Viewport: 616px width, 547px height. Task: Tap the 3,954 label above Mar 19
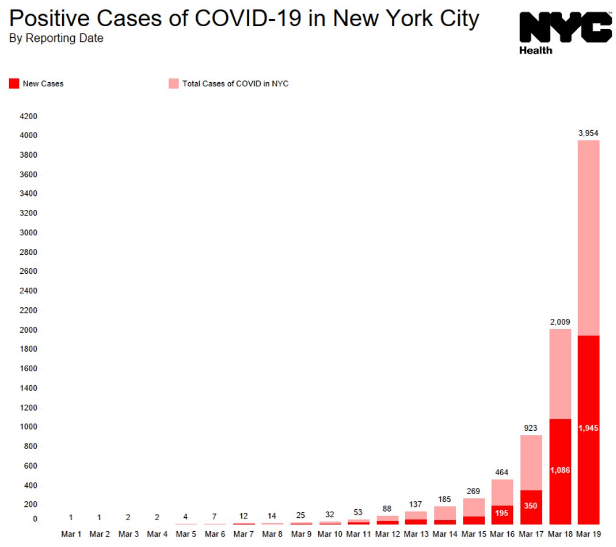tap(588, 132)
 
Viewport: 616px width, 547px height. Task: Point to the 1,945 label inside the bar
tap(588, 428)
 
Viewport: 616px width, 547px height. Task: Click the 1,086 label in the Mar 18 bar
tap(559, 470)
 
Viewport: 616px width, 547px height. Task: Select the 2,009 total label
tap(559, 321)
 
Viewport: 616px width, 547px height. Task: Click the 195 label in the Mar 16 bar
tap(502, 514)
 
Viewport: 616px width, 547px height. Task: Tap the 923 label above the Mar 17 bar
tap(531, 428)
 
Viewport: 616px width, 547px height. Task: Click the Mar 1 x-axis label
tap(71, 534)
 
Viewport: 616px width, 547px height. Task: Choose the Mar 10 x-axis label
tap(330, 534)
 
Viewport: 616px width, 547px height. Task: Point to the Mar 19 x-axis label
tap(588, 534)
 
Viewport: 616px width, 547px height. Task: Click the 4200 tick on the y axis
tap(29, 116)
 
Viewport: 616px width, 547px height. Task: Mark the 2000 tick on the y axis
tap(29, 330)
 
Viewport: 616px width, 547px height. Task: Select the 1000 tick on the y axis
tap(29, 427)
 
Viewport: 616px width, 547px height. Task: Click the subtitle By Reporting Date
tap(56, 38)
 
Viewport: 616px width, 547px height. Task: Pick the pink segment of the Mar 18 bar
tap(559, 374)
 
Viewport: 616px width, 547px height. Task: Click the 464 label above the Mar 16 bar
tap(502, 472)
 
